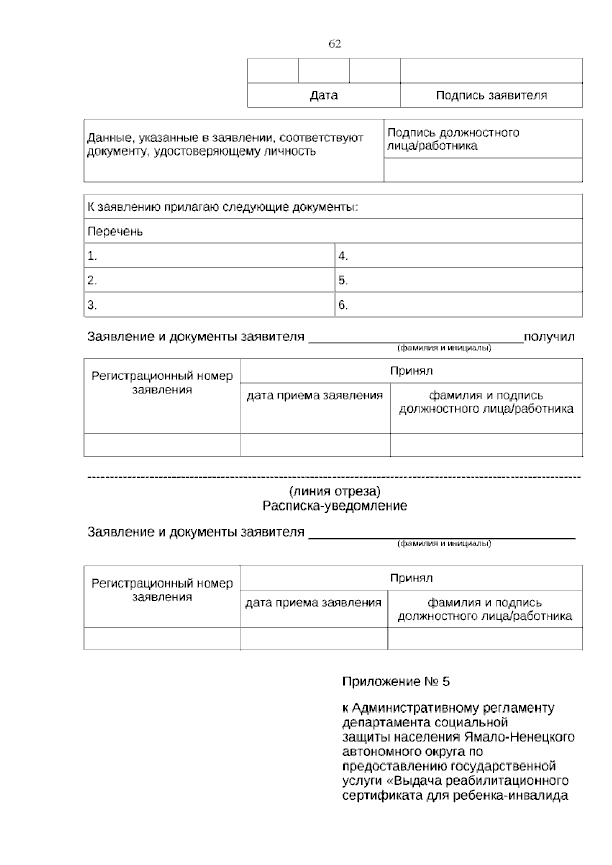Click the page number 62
click(335, 44)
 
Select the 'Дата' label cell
click(323, 95)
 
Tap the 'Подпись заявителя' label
click(491, 95)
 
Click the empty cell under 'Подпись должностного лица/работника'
click(482, 169)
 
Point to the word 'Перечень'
click(115, 232)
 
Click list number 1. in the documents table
click(92, 256)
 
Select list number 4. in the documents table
click(343, 256)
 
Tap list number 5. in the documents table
click(343, 281)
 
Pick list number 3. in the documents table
click(92, 305)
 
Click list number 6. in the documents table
click(343, 305)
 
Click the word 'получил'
click(549, 337)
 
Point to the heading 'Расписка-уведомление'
click(335, 506)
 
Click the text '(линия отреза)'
click(335, 492)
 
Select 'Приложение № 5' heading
click(396, 682)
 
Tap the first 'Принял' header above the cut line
click(411, 371)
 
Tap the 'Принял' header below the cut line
click(411, 578)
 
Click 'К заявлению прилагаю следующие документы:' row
click(222, 207)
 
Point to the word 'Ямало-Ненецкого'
click(519, 737)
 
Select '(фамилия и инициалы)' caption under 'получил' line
click(444, 348)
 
